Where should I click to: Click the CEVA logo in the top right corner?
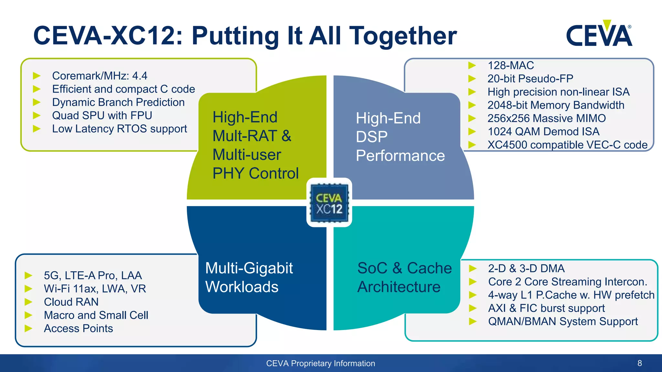click(x=599, y=34)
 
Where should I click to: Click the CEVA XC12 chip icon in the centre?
click(x=329, y=203)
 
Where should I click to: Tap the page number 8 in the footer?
click(x=639, y=363)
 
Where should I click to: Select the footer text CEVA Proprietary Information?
click(x=320, y=363)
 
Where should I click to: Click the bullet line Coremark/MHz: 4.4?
click(x=100, y=76)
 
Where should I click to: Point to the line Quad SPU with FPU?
click(x=102, y=116)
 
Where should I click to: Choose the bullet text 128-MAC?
click(x=510, y=66)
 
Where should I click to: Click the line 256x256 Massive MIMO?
click(x=546, y=119)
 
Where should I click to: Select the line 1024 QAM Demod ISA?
click(x=543, y=132)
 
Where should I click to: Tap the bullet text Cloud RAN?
click(x=71, y=302)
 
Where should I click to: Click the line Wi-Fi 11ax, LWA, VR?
click(x=95, y=289)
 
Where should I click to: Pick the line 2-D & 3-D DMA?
click(x=526, y=269)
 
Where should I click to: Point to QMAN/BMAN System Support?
click(x=563, y=322)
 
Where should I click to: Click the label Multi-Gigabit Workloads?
click(x=249, y=277)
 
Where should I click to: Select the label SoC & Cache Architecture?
click(x=404, y=277)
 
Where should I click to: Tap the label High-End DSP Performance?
click(x=400, y=137)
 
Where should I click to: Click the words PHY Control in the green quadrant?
click(x=255, y=173)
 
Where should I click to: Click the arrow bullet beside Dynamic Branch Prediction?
click(x=37, y=102)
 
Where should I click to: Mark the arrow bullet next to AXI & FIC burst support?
click(x=473, y=308)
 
